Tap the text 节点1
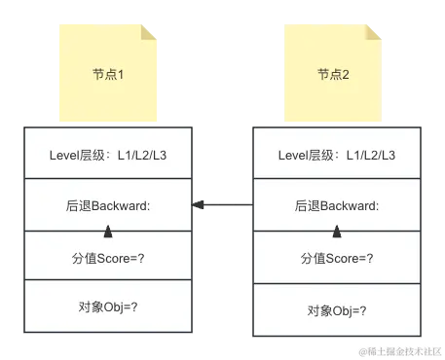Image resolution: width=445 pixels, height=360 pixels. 107,74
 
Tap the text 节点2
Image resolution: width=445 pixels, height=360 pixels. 334,74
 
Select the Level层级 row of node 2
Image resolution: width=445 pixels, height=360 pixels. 337,154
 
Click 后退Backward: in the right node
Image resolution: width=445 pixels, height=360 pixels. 337,206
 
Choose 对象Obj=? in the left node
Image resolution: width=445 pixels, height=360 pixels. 107,307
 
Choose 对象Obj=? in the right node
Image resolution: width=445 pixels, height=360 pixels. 337,309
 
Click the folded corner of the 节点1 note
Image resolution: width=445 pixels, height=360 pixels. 148,34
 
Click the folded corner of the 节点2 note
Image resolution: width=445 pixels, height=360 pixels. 375,34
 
